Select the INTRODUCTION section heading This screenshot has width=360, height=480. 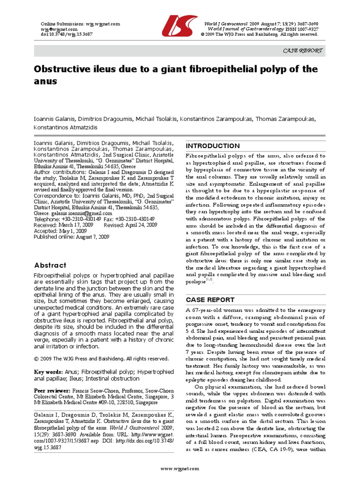[213, 146]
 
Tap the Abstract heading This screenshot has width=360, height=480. [51, 265]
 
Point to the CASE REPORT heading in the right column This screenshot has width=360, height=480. [210, 299]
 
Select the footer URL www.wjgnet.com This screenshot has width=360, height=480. [180, 469]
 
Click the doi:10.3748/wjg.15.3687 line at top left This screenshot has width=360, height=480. [61, 34]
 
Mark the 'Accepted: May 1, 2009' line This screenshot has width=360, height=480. [61, 231]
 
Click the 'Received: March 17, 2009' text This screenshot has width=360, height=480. [64, 225]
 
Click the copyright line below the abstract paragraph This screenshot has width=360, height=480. [101, 359]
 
